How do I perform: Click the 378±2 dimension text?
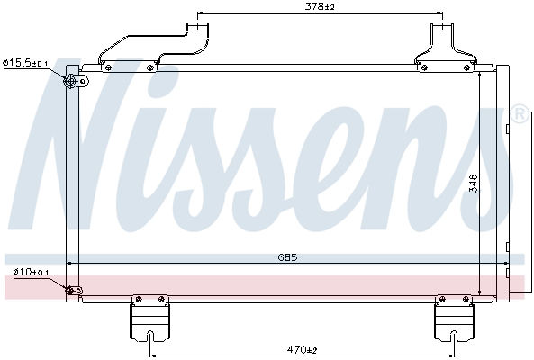click(320, 7)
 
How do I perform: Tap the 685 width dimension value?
click(286, 256)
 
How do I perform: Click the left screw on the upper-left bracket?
click(109, 67)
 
